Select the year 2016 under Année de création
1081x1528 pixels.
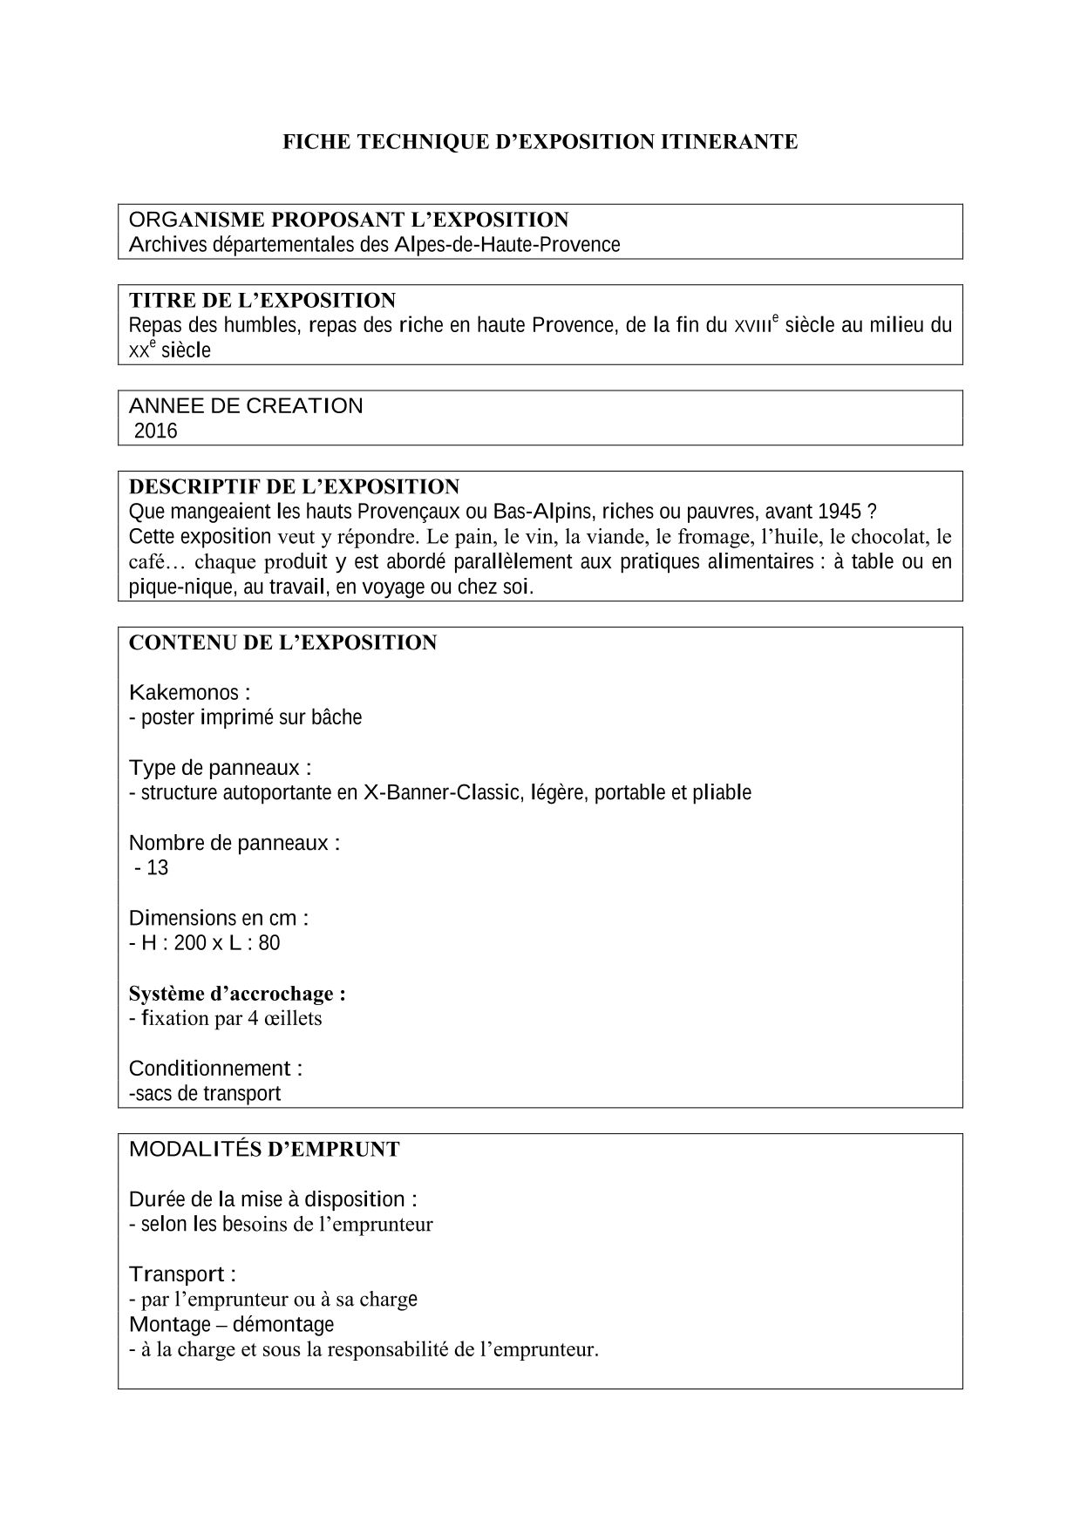click(155, 431)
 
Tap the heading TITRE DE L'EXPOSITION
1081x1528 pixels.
click(262, 301)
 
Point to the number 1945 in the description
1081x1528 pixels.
click(840, 512)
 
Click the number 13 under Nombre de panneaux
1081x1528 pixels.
click(158, 868)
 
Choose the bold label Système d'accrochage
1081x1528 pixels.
click(237, 994)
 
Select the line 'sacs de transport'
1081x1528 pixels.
click(206, 1093)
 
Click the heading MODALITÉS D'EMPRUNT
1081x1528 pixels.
click(264, 1150)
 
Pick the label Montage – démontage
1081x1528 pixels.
click(231, 1325)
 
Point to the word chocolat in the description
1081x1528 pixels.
click(894, 536)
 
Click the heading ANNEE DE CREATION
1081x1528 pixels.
click(246, 406)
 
